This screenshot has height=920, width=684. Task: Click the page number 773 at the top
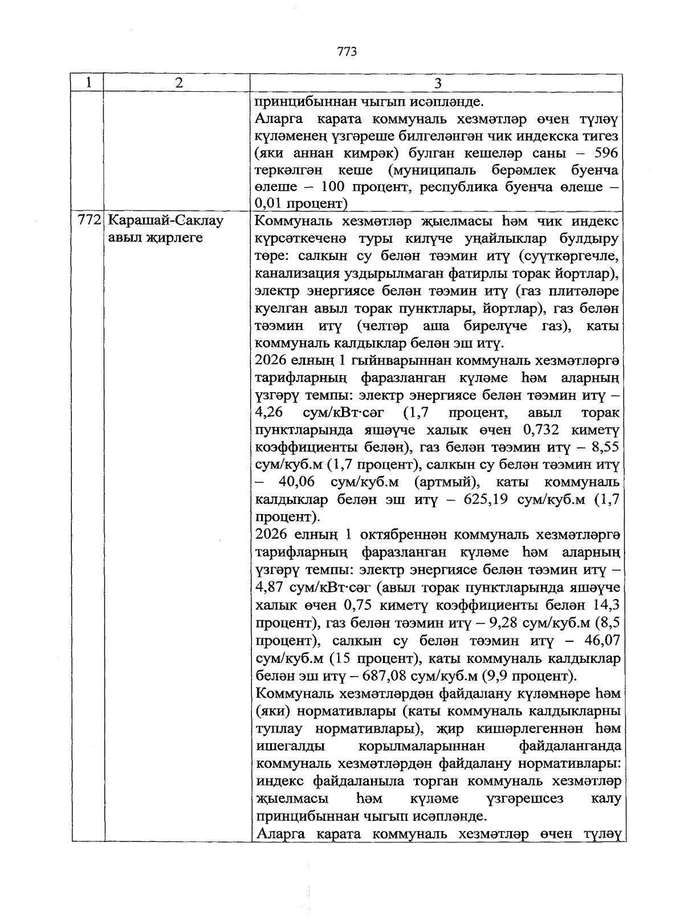347,52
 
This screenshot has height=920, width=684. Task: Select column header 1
88,83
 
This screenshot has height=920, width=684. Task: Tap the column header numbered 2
179,83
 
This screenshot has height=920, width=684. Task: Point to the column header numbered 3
438,83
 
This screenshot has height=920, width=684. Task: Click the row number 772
89,221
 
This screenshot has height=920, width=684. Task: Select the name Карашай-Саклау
165,221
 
